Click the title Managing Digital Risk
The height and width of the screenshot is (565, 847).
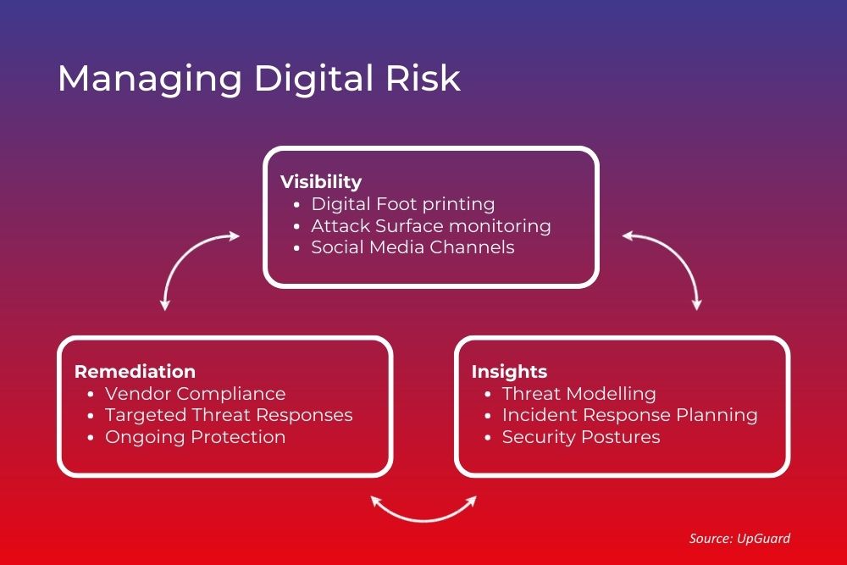pyautogui.click(x=259, y=79)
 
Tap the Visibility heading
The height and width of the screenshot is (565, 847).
pyautogui.click(x=320, y=182)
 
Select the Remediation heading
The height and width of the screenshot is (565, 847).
pyautogui.click(x=135, y=372)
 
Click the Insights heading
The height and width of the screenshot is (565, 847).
pyautogui.click(x=509, y=372)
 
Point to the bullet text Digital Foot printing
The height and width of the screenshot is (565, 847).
pyautogui.click(x=403, y=204)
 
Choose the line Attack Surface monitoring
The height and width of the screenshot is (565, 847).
pyautogui.click(x=430, y=226)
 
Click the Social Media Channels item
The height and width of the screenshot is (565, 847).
pyautogui.click(x=412, y=247)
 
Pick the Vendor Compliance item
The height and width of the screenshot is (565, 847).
pyautogui.click(x=195, y=394)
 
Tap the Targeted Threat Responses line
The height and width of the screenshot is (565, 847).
pyautogui.click(x=229, y=415)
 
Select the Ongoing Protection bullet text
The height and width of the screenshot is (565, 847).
pyautogui.click(x=195, y=437)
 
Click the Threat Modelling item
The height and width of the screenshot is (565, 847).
pyautogui.click(x=579, y=394)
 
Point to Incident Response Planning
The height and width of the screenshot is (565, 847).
pyautogui.click(x=629, y=415)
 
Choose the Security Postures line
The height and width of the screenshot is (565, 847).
pyautogui.click(x=580, y=437)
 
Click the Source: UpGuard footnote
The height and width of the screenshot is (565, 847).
pyautogui.click(x=739, y=538)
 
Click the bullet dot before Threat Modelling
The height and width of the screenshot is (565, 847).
pyautogui.click(x=488, y=395)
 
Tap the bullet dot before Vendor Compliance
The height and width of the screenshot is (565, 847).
pyautogui.click(x=91, y=395)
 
